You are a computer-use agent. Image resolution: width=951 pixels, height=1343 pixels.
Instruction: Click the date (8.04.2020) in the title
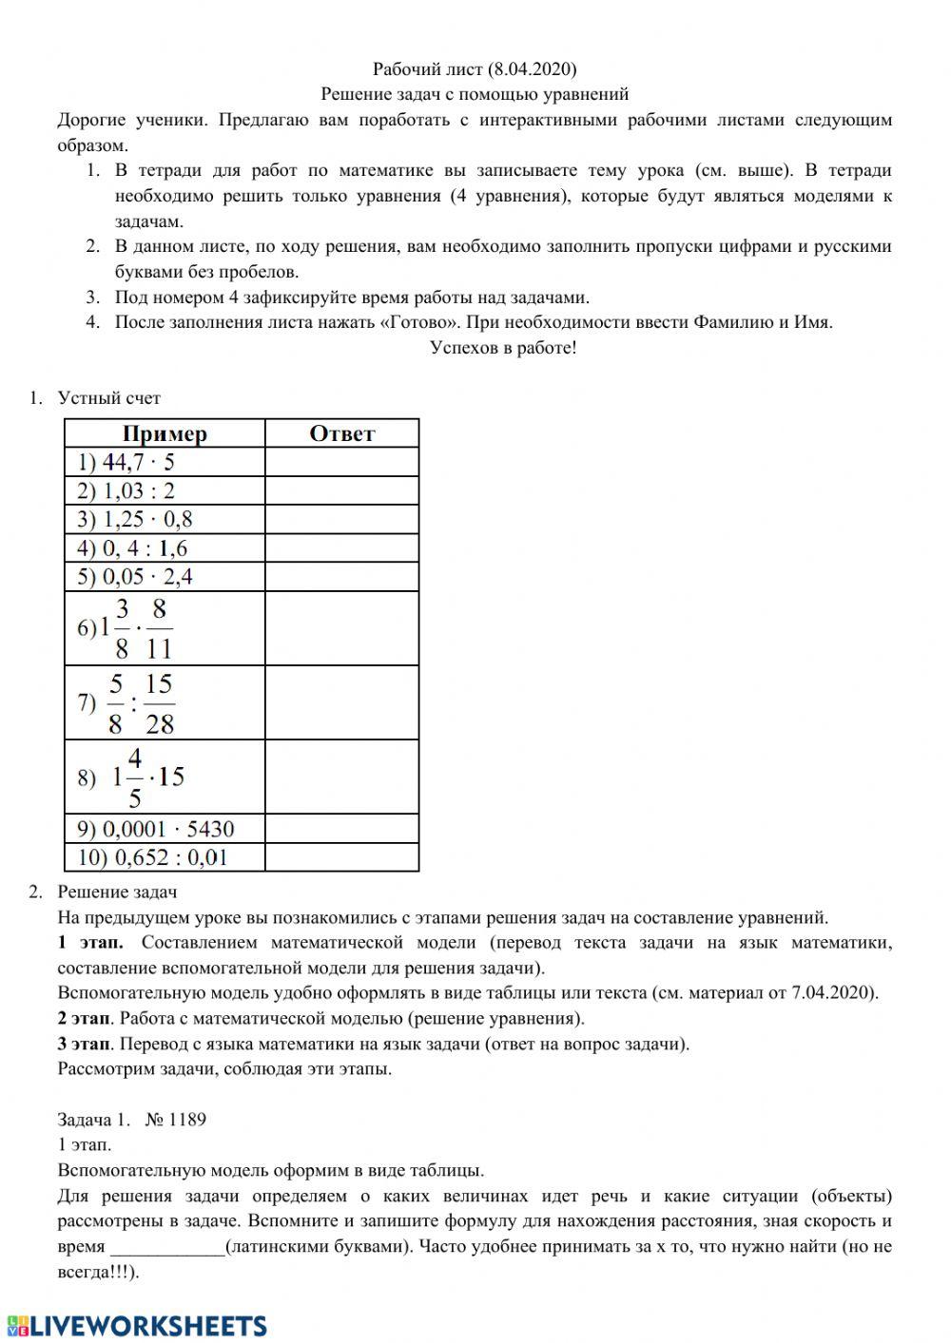pyautogui.click(x=532, y=68)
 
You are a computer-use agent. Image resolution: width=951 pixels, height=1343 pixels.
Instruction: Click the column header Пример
pyautogui.click(x=165, y=433)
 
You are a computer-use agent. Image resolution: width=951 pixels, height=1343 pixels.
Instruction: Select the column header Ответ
pyautogui.click(x=341, y=433)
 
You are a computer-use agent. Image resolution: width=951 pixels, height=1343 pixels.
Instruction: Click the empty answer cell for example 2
pyautogui.click(x=341, y=490)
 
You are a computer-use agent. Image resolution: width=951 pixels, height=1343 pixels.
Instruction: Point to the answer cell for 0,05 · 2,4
pyautogui.click(x=341, y=577)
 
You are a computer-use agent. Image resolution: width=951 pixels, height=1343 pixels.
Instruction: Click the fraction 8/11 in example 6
pyautogui.click(x=160, y=628)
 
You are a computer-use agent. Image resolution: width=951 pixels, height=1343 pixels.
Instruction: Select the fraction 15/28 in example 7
pyautogui.click(x=160, y=703)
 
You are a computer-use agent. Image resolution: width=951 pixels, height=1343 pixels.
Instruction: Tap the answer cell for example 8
pyautogui.click(x=341, y=777)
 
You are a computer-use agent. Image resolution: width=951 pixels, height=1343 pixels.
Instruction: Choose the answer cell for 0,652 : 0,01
pyautogui.click(x=341, y=857)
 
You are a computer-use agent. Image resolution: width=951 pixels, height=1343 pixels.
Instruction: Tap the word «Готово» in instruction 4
pyautogui.click(x=417, y=321)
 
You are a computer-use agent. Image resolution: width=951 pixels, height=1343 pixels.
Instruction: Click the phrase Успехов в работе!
pyautogui.click(x=503, y=347)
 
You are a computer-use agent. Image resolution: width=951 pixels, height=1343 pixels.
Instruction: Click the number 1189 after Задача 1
pyautogui.click(x=186, y=1119)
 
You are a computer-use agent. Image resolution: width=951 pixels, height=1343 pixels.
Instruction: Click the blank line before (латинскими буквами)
pyautogui.click(x=167, y=1246)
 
